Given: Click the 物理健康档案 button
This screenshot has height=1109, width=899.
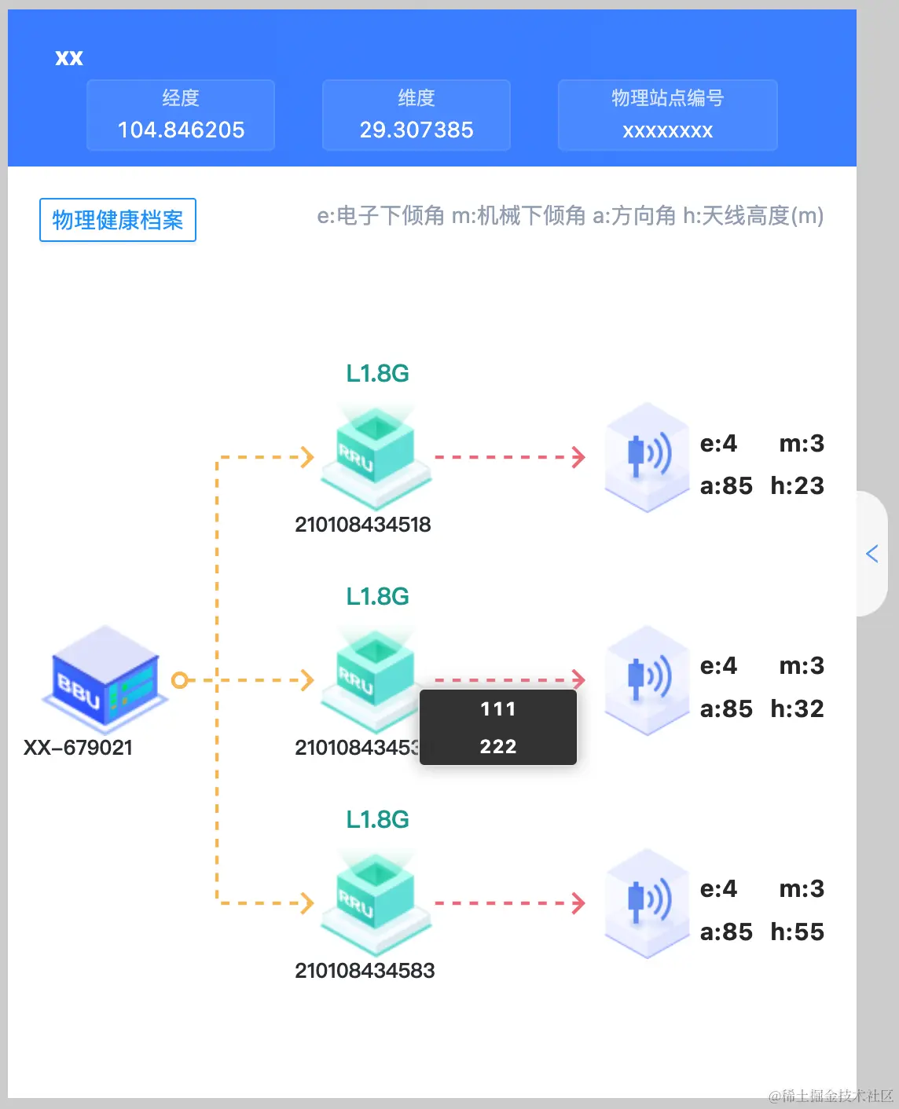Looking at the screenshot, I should [x=118, y=220].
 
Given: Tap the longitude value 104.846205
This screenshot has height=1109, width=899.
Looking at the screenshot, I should [x=181, y=130].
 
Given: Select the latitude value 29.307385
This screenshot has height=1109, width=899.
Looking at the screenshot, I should [x=416, y=130].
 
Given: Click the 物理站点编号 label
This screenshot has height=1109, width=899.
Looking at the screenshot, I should [x=667, y=98].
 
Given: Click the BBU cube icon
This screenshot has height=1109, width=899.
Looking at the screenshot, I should [x=105, y=679].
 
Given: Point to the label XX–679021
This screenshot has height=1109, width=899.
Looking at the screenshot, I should [x=78, y=747].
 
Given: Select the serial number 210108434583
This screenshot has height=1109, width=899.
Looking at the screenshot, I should [x=365, y=970].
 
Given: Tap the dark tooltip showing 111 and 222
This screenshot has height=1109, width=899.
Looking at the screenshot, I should [x=498, y=727].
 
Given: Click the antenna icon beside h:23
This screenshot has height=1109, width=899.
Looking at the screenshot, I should [x=647, y=457].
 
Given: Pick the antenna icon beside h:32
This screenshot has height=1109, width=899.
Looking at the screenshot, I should [x=647, y=680].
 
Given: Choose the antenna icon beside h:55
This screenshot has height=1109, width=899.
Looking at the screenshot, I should [x=647, y=903].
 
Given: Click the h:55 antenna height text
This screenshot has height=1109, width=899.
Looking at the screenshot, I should [x=797, y=931].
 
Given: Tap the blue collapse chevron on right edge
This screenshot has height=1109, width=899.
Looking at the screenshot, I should [x=871, y=554].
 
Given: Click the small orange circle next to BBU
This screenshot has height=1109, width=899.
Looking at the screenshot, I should [x=180, y=680].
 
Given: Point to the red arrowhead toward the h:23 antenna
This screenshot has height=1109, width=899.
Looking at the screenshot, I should [x=579, y=457].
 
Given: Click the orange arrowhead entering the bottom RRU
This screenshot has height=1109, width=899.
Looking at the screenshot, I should [x=307, y=903].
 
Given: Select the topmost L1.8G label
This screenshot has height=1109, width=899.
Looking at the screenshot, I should [x=377, y=373].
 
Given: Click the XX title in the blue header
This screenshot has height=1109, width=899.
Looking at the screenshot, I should [x=69, y=58].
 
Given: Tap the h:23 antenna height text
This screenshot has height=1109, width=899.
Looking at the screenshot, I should [x=797, y=485].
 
